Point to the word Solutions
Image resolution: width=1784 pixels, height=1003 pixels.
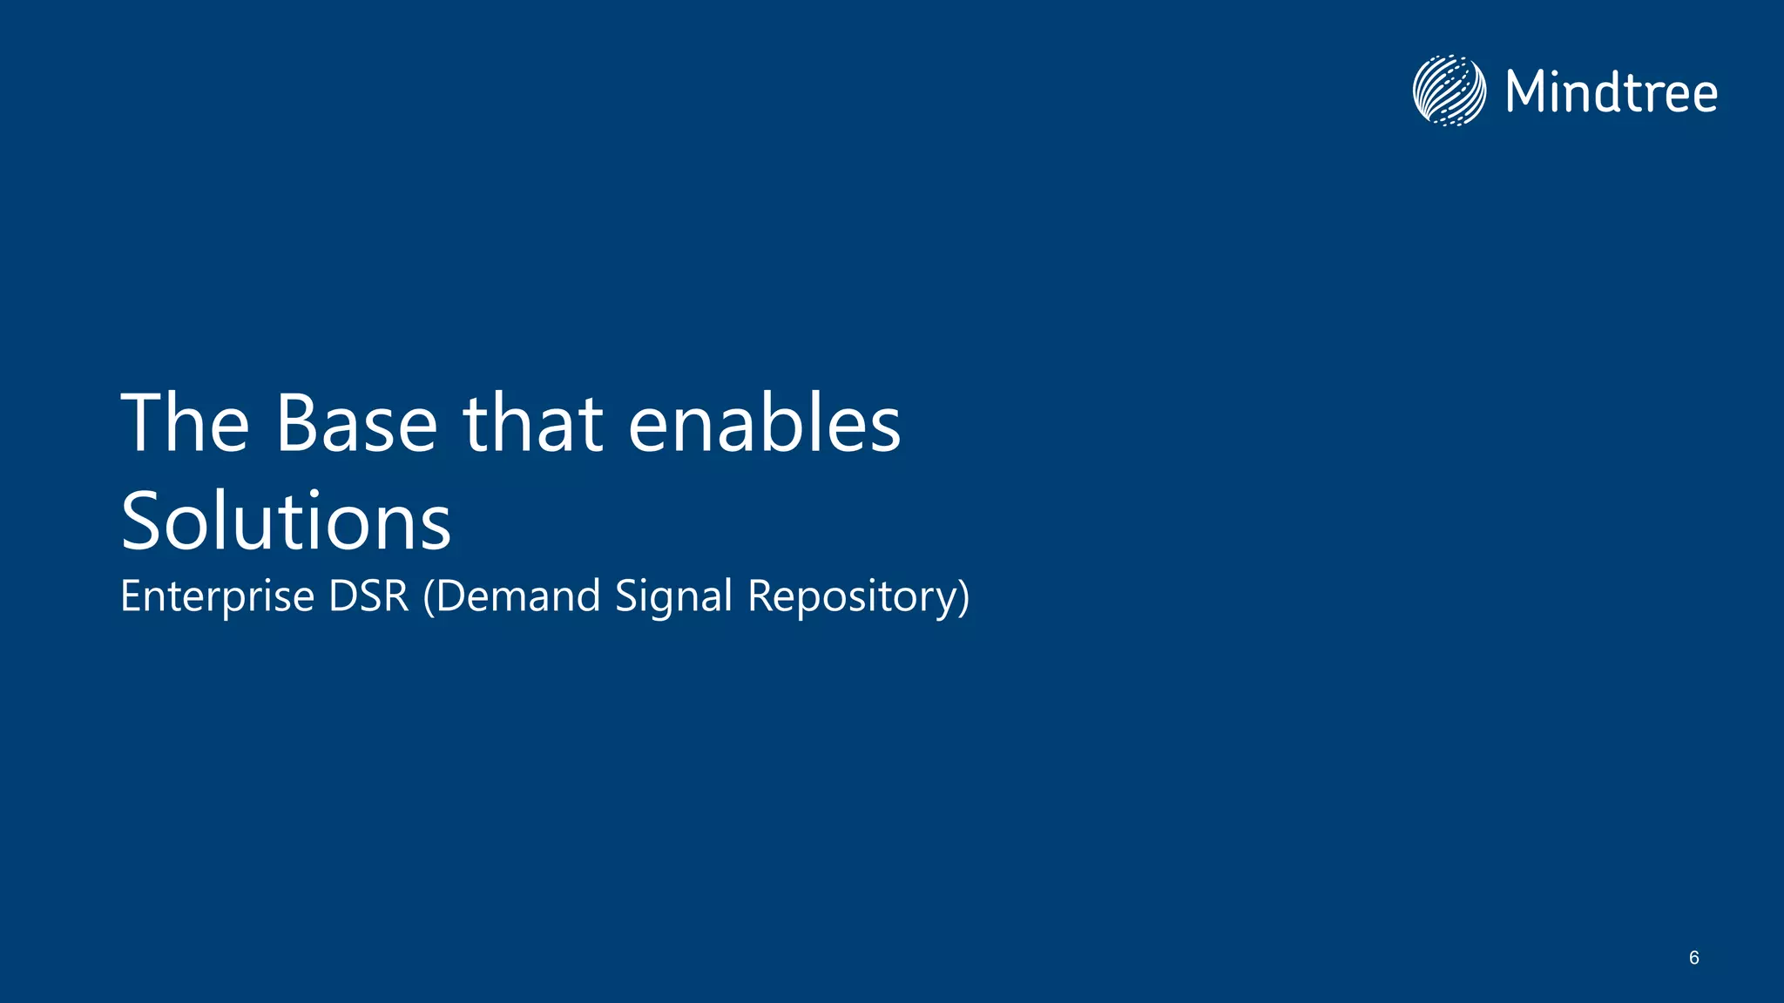click(286, 522)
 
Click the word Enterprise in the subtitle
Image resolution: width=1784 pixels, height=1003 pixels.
click(217, 597)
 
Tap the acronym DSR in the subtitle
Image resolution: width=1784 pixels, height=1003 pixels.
click(368, 596)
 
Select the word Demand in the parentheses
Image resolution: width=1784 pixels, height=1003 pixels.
click(518, 596)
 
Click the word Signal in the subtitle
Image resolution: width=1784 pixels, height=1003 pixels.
click(673, 598)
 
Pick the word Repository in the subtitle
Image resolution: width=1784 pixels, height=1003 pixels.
click(851, 598)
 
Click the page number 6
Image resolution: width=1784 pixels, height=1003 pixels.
click(1693, 958)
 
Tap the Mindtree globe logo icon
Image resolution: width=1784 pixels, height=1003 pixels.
click(1449, 91)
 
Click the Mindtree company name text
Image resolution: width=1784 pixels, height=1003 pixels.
click(1612, 92)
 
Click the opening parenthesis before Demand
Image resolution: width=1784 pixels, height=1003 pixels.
click(429, 597)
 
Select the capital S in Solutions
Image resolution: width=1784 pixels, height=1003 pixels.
click(142, 522)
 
